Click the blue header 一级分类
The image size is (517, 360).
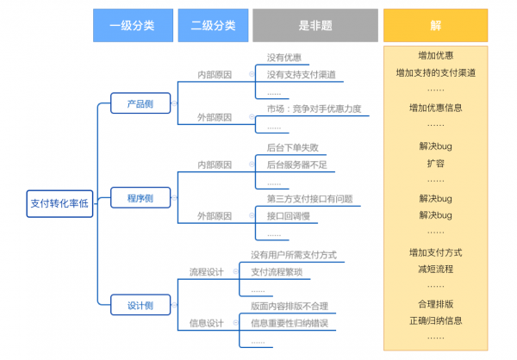(132, 26)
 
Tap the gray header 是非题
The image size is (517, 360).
(315, 26)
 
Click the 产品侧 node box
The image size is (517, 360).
(134, 103)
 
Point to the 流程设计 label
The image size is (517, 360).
(207, 272)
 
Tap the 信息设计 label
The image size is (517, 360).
(207, 323)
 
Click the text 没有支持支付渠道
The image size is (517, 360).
(301, 74)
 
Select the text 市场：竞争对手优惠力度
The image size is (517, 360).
(315, 109)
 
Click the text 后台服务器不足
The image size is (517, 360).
(296, 164)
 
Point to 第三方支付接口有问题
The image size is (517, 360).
(309, 199)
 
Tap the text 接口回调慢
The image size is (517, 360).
(288, 215)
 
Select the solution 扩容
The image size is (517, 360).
(436, 163)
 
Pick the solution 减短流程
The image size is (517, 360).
(436, 269)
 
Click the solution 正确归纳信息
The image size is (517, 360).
(436, 320)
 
